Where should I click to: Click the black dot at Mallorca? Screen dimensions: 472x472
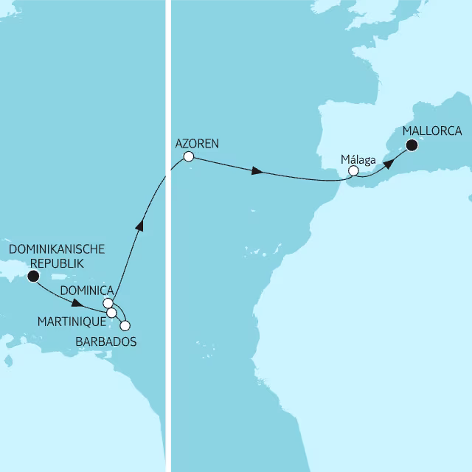(412, 145)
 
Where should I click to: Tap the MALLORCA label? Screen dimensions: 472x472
(432, 132)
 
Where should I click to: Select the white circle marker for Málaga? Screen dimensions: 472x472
(353, 170)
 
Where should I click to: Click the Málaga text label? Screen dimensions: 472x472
(359, 158)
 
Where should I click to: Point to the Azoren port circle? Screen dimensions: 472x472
(188, 156)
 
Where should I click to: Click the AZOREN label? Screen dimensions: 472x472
(198, 142)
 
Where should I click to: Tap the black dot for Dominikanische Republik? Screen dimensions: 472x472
(32, 277)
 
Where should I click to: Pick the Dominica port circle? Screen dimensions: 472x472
(108, 303)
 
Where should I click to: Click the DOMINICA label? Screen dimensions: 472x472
(87, 290)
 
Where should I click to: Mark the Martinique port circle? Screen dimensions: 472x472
(111, 313)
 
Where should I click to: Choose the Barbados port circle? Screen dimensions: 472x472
(125, 325)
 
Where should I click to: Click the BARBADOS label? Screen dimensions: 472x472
(106, 341)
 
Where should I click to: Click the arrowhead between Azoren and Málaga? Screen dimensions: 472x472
(257, 171)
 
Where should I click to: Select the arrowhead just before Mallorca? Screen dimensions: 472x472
(388, 159)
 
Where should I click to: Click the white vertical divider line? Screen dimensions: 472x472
(168, 369)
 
